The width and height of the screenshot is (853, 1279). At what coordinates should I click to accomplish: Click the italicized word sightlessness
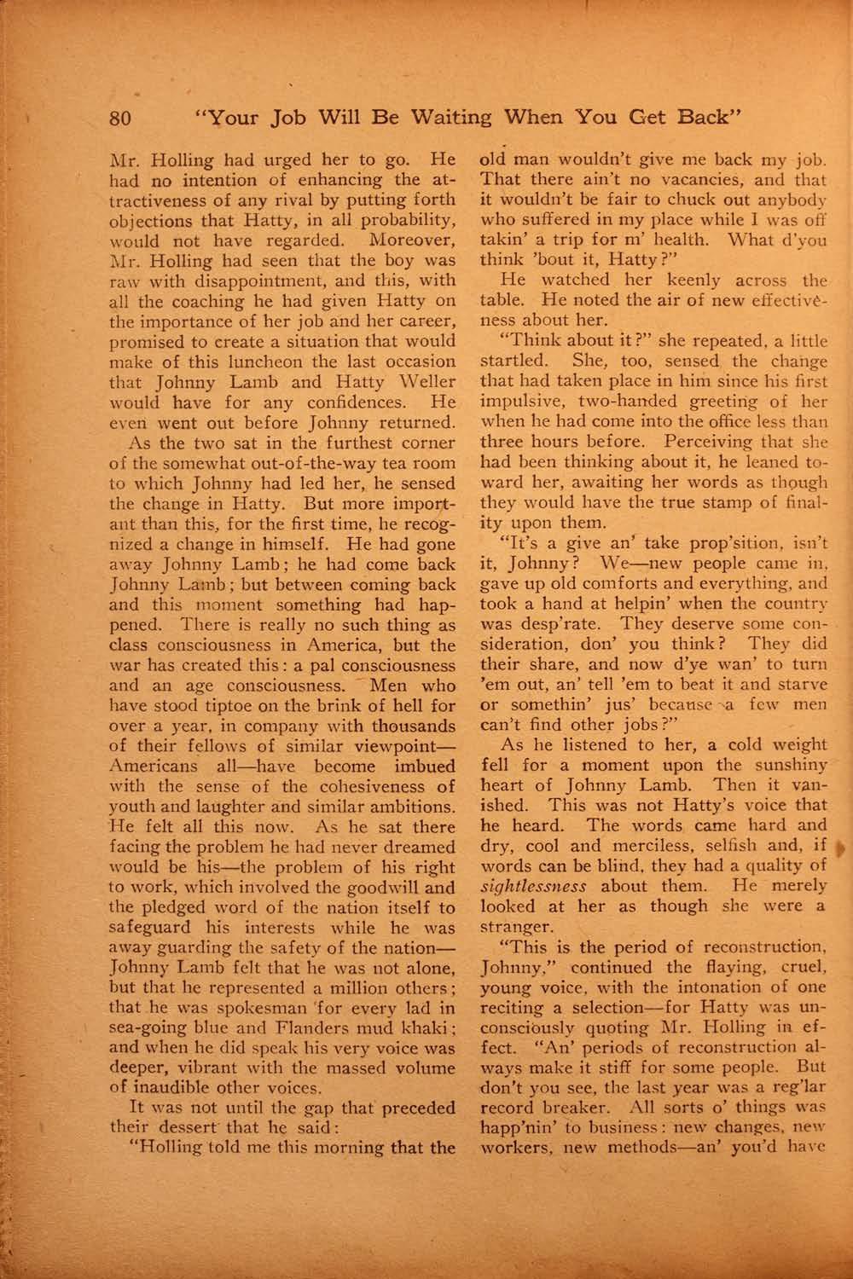(x=533, y=886)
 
